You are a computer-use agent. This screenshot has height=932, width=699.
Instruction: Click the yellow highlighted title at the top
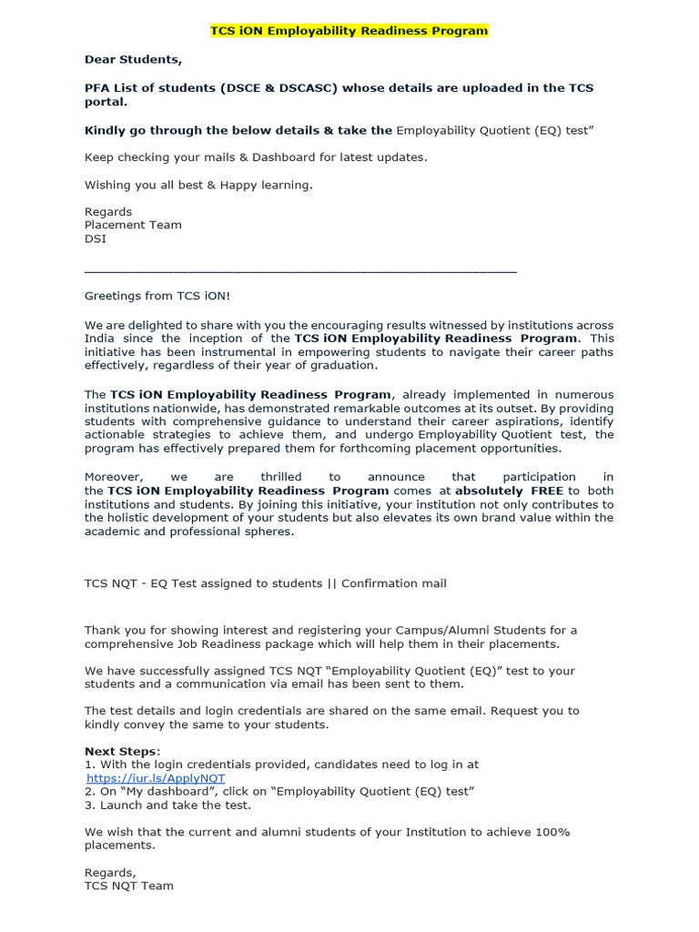tap(349, 31)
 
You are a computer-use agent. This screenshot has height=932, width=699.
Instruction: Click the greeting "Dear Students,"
tap(133, 59)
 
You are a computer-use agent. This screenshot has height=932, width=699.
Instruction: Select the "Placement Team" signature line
tap(133, 225)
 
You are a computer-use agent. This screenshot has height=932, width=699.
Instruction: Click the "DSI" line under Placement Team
tap(96, 238)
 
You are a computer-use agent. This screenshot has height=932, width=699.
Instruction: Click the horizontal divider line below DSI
tap(300, 271)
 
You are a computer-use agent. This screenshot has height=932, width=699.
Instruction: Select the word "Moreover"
tap(113, 477)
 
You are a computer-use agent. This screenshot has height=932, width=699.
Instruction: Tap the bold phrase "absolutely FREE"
tap(510, 491)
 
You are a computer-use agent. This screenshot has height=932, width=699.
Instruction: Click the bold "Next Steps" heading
tap(121, 752)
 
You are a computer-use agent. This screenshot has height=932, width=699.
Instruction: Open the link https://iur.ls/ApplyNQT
tap(156, 779)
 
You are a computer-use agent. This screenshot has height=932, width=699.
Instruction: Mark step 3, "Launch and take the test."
tap(167, 805)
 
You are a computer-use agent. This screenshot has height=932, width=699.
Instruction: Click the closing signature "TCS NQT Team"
tap(128, 886)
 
